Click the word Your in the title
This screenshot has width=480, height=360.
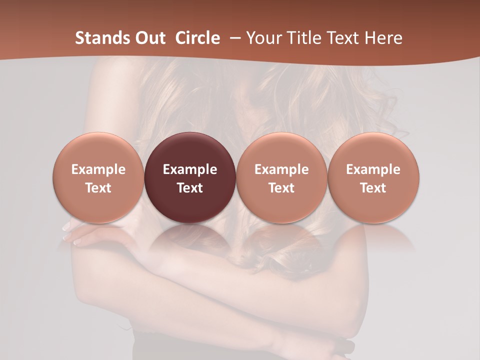tap(263, 38)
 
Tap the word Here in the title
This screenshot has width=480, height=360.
tap(384, 38)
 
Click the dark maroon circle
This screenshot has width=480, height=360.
tap(190, 177)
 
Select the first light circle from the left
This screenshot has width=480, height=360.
tap(98, 177)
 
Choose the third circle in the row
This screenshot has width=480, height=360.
tap(281, 177)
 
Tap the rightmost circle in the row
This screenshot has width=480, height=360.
tap(373, 177)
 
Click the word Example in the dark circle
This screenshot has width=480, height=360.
tap(190, 169)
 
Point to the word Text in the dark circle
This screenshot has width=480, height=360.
tap(190, 188)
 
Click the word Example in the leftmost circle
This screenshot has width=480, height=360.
tap(98, 169)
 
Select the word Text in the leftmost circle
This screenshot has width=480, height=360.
tap(98, 188)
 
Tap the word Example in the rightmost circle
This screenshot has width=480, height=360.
tap(373, 169)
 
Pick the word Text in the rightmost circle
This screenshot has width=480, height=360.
tap(373, 188)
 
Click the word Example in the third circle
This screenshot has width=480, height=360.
tap(281, 169)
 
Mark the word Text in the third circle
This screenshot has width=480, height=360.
tap(281, 188)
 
